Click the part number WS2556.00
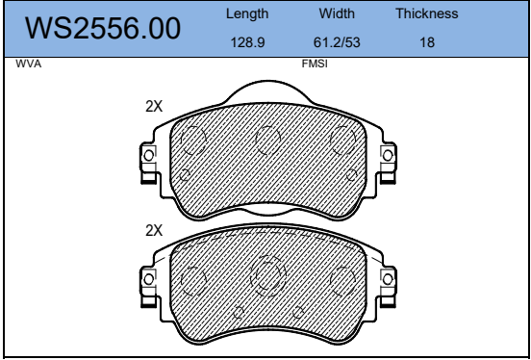(103, 29)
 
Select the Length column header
(247, 14)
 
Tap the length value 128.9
(247, 42)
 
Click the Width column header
(337, 13)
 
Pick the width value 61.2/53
(337, 42)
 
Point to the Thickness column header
(427, 13)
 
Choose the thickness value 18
(427, 42)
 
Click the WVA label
(29, 64)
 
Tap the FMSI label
(315, 64)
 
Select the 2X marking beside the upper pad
(154, 107)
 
